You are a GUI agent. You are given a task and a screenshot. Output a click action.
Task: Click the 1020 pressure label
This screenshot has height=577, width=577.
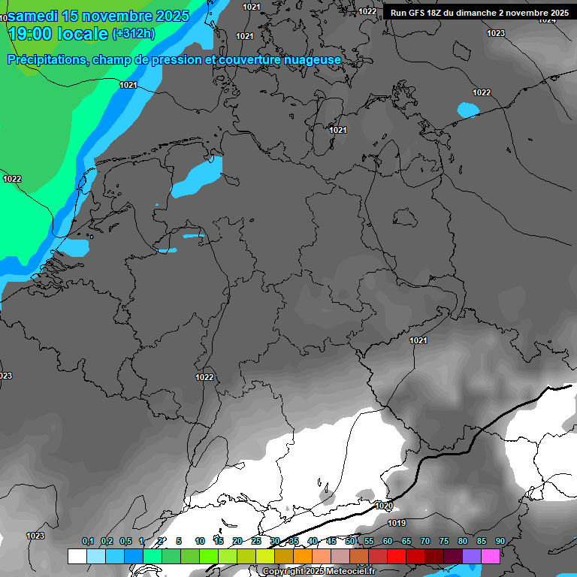(x=384, y=506)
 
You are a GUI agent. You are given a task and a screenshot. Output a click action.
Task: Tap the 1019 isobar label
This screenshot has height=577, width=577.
(x=397, y=523)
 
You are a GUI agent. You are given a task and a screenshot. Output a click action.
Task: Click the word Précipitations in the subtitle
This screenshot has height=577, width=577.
(x=46, y=59)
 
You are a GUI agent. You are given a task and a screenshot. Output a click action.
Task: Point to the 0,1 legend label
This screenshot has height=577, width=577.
(x=88, y=541)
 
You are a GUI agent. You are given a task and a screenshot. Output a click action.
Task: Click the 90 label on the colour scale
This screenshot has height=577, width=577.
(x=500, y=541)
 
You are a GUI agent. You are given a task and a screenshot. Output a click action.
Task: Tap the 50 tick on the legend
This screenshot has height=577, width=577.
(x=350, y=541)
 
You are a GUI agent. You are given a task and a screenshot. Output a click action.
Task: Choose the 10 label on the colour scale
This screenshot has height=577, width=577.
(x=200, y=541)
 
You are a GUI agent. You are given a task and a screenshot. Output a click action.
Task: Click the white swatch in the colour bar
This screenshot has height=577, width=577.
(x=77, y=556)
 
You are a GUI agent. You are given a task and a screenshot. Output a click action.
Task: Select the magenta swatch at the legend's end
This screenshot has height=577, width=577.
(x=491, y=556)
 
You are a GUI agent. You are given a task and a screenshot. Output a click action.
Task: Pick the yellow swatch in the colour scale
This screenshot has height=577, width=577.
(x=265, y=556)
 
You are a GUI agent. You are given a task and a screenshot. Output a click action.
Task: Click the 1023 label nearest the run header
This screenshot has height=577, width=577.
(x=496, y=33)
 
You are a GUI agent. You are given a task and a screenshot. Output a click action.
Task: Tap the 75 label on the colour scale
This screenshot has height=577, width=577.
(x=444, y=541)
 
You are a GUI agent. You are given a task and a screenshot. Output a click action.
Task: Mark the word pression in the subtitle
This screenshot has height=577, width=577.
(x=174, y=59)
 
